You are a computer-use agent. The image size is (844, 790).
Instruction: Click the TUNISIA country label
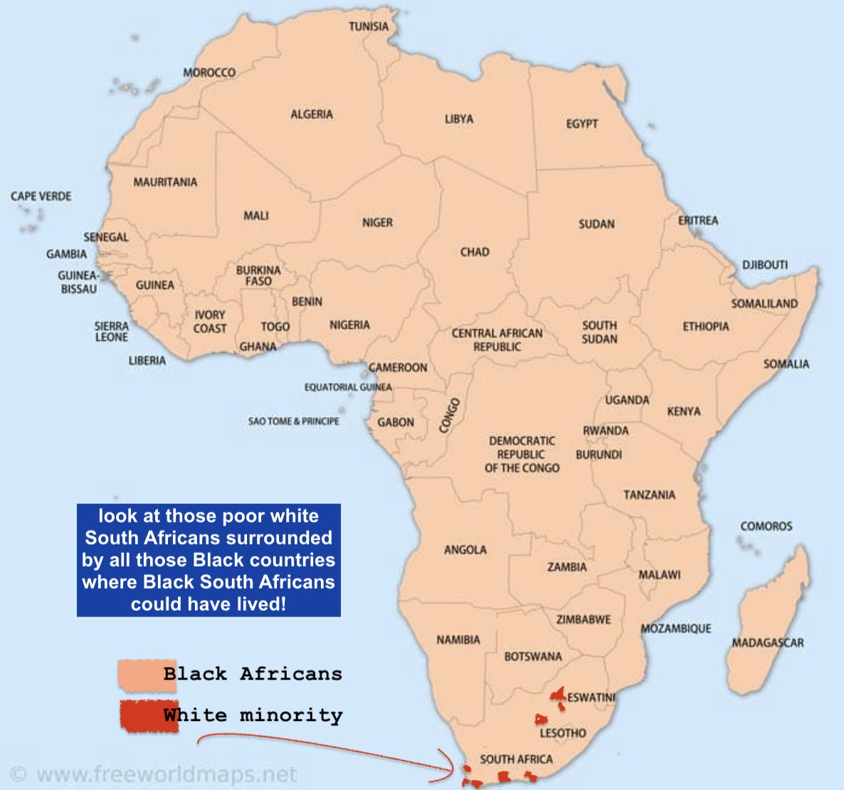(x=369, y=27)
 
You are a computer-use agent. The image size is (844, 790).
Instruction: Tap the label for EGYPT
(x=581, y=124)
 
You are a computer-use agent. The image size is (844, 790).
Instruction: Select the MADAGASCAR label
(x=768, y=643)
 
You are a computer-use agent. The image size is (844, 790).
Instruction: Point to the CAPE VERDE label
(x=41, y=196)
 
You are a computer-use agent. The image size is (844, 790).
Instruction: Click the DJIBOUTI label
(x=765, y=265)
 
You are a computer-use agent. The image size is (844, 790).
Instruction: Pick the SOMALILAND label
(x=764, y=304)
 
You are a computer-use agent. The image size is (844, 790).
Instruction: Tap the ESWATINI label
(x=591, y=697)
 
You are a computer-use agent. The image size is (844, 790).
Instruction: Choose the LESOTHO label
(x=562, y=733)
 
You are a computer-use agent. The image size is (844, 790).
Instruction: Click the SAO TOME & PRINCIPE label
(x=293, y=421)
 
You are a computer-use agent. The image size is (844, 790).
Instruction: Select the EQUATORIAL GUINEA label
(x=347, y=387)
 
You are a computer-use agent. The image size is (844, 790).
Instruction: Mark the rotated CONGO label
(x=449, y=416)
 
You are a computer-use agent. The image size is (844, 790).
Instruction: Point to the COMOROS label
(x=766, y=527)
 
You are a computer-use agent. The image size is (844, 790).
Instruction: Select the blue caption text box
(x=209, y=560)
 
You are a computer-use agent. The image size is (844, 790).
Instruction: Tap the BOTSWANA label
(x=532, y=656)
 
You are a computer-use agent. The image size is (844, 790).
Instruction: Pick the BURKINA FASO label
(x=258, y=276)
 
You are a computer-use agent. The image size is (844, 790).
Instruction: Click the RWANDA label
(x=606, y=431)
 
